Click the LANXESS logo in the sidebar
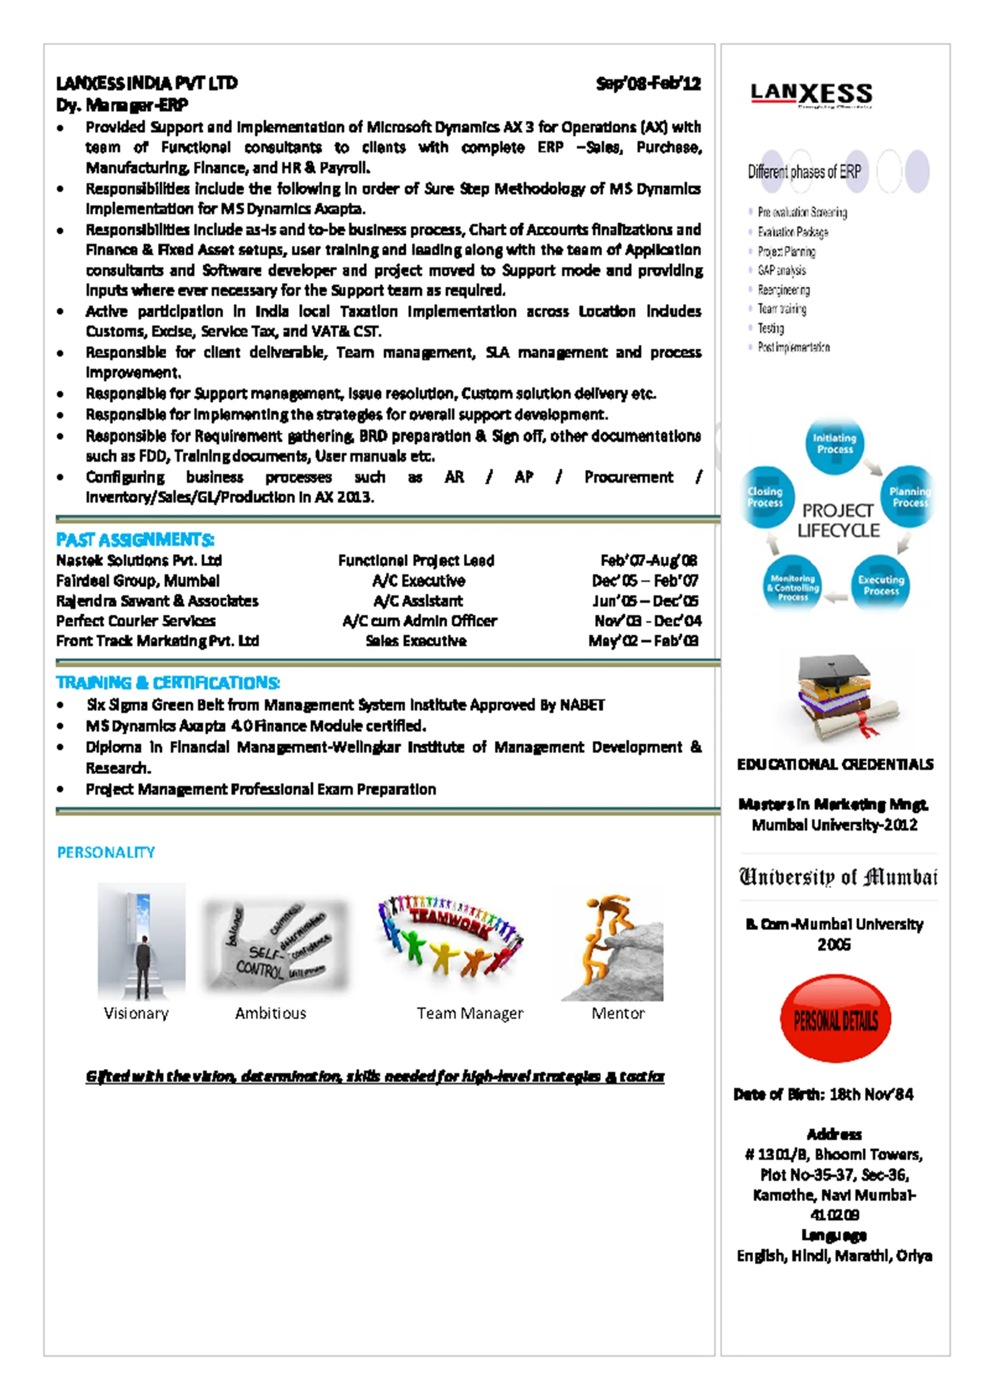[811, 94]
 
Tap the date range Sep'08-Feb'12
[647, 83]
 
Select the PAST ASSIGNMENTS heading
[135, 539]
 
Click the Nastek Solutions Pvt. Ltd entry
[138, 561]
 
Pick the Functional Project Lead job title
[416, 561]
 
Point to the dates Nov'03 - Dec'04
[647, 621]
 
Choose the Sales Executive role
[416, 640]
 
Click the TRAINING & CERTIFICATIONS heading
[167, 683]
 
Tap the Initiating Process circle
[834, 444]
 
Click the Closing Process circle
[766, 497]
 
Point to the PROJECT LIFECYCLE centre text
[837, 520]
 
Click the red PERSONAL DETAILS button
[835, 1020]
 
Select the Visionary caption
[136, 1013]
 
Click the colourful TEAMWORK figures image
[451, 936]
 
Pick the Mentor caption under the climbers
[618, 1013]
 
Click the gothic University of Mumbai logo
[837, 877]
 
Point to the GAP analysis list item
[782, 270]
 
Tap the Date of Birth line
[823, 1095]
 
